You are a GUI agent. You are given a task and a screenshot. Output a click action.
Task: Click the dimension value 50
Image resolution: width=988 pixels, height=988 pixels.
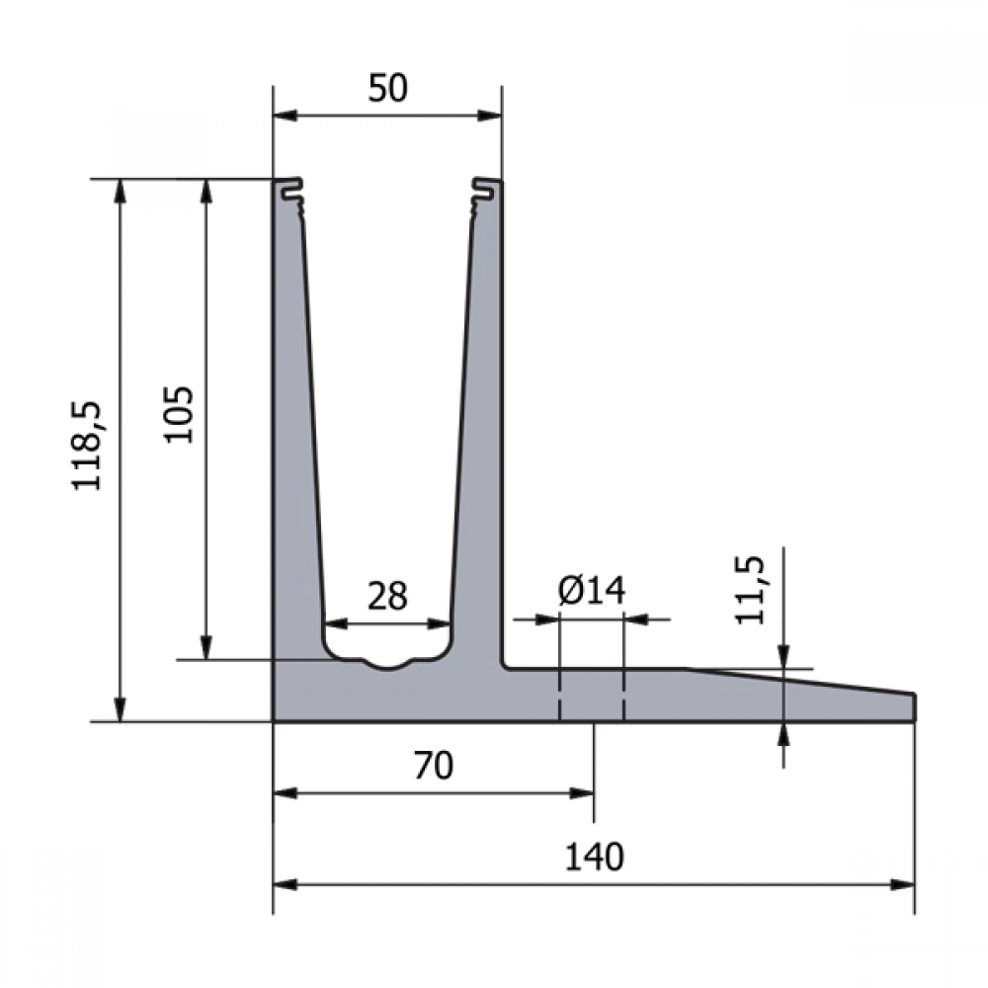pyautogui.click(x=388, y=88)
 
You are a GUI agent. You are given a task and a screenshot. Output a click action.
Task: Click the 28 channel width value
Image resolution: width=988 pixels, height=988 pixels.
pyautogui.click(x=387, y=596)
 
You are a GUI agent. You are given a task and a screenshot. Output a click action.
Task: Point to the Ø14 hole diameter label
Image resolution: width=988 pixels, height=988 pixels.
pyautogui.click(x=592, y=591)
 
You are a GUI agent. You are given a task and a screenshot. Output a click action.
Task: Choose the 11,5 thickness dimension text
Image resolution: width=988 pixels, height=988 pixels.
pyautogui.click(x=751, y=590)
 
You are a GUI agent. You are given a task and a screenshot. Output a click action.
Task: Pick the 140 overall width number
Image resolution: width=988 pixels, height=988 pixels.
pyautogui.click(x=594, y=858)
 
